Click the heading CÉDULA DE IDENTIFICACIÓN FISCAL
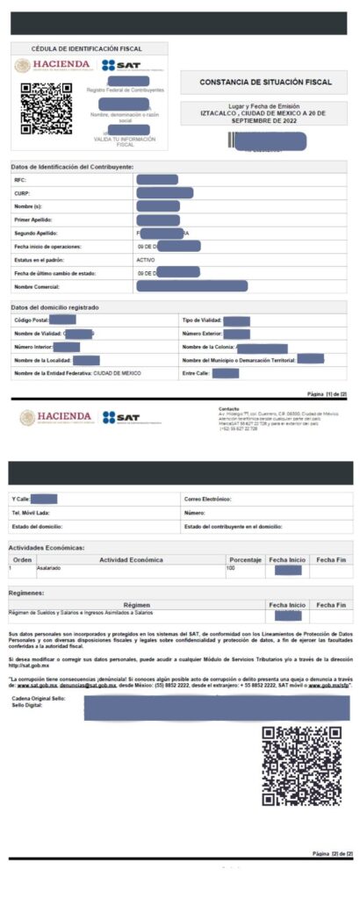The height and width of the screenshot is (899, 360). coord(86,48)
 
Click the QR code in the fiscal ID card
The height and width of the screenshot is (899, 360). coord(46,108)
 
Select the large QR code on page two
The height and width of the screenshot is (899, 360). coord(301,765)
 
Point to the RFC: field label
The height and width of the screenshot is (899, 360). coord(20,180)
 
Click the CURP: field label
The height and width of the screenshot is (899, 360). coord(23,192)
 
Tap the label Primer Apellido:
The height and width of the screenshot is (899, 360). coord(35,219)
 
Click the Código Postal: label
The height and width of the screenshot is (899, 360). coord(32,320)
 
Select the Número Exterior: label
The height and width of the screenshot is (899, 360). coord(202,334)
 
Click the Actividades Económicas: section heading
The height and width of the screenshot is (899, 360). coord(47,547)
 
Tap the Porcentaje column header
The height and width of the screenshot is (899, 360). coord(245,559)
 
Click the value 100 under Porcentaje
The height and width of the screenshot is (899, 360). coord(231,569)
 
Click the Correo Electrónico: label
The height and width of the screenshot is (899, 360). coord(208,499)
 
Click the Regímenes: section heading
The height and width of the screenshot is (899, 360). coord(28,593)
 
